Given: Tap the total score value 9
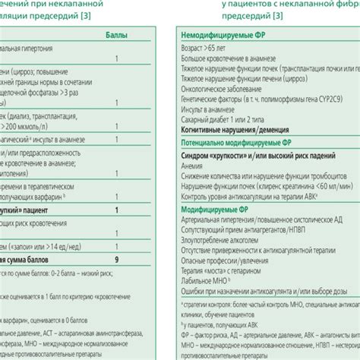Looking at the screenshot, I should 116,260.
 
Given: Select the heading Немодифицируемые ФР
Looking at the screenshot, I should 220,36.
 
